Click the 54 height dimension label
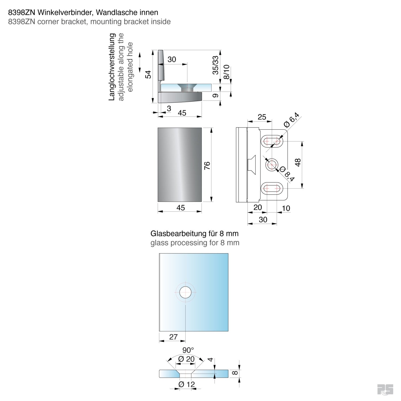[148, 74]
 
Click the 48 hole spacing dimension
[298, 162]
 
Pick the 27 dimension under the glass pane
[173, 337]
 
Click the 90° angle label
[188, 350]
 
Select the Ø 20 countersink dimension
[186, 359]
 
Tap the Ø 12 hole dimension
[186, 384]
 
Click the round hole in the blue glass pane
[185, 292]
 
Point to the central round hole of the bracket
[272, 165]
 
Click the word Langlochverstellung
[112, 67]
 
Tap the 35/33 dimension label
[215, 65]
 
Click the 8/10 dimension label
[226, 72]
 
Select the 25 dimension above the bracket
[262, 117]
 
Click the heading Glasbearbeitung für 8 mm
[194, 233]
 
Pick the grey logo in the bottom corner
[385, 389]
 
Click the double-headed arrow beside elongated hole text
[140, 62]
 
